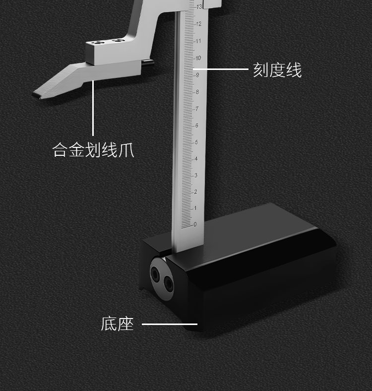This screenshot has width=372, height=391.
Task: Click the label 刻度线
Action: point(277,70)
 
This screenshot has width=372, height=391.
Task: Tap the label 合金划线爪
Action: point(93,149)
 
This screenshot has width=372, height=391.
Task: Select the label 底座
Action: point(118,325)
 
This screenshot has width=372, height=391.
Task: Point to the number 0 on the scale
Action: point(195,224)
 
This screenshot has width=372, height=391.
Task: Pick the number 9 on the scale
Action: point(197,75)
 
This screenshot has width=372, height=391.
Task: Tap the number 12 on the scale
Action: point(198,24)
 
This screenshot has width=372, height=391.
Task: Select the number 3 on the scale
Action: point(195,175)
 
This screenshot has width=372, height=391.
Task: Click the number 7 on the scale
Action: point(196,109)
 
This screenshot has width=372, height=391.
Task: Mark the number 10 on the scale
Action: point(198,58)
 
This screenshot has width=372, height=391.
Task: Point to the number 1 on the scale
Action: point(195,208)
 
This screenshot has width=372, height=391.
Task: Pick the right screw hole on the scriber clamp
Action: point(118,40)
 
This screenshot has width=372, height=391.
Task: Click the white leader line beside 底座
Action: point(170,325)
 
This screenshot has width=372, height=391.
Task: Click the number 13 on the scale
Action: point(199,7)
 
